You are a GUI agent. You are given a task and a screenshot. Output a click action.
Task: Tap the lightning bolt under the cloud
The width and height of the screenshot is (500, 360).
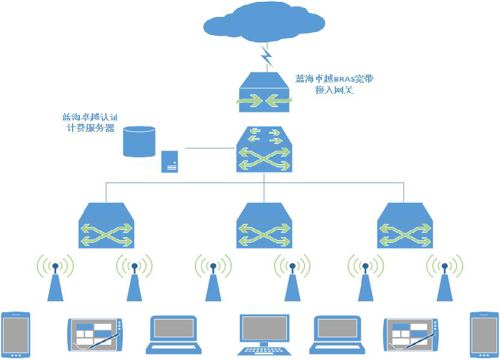(267, 56)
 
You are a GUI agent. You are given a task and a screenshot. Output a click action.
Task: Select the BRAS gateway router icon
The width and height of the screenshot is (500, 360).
(264, 91)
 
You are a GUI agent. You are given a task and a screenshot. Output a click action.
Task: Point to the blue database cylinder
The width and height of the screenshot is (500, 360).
(139, 141)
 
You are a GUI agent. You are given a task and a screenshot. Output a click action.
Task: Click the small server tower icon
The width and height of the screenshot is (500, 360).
(169, 162)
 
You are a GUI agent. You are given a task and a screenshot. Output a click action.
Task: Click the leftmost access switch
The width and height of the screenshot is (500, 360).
(107, 225)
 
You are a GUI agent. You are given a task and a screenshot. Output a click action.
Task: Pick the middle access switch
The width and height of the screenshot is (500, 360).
(264, 225)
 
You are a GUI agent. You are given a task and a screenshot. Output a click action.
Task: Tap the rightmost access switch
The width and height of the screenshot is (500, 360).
(405, 225)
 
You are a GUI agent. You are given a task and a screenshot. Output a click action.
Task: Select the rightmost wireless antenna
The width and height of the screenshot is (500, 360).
(444, 279)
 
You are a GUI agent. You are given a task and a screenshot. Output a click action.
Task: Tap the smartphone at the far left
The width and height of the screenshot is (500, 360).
(15, 335)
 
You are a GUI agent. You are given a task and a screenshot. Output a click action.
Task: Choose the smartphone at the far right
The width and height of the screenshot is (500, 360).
(484, 335)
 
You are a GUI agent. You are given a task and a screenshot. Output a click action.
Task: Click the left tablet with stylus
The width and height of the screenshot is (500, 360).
(93, 334)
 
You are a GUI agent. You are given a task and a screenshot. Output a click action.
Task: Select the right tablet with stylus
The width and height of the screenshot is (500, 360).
(409, 334)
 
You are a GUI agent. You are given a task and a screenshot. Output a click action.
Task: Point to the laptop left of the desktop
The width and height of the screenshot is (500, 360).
(174, 334)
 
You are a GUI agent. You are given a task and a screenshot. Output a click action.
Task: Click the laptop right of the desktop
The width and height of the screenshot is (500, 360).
(337, 334)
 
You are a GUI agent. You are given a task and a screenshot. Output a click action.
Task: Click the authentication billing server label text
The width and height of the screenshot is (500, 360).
(88, 123)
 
